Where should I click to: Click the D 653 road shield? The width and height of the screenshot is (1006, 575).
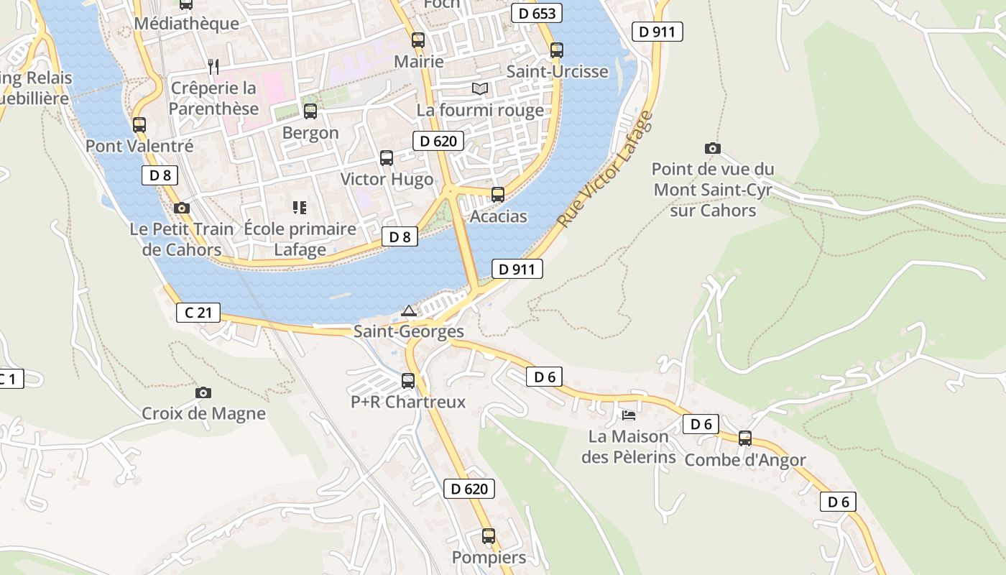[537, 13]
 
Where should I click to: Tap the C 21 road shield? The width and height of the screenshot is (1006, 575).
[198, 313]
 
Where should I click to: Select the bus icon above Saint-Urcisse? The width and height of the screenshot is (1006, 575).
[557, 50]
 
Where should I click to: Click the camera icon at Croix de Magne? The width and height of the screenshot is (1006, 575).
[203, 392]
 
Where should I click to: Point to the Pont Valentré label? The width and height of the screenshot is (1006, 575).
[139, 146]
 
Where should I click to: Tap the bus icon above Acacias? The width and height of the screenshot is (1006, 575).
[497, 194]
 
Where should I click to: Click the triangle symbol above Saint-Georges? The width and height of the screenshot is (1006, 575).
[409, 310]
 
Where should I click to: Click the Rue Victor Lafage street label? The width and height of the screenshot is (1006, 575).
[606, 170]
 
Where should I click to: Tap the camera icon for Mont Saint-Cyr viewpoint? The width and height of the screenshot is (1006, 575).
[712, 148]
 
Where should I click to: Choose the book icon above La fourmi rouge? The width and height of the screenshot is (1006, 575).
[480, 88]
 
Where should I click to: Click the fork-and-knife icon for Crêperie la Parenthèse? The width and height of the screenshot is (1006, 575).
[213, 67]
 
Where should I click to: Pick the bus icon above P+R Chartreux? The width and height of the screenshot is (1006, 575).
[408, 380]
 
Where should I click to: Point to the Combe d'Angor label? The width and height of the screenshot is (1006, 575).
[744, 460]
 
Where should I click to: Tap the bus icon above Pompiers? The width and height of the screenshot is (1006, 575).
[489, 535]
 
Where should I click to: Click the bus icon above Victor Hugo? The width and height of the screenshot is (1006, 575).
[387, 157]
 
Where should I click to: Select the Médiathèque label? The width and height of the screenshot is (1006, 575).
[186, 24]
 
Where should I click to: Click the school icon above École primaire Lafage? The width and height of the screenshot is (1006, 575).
[300, 208]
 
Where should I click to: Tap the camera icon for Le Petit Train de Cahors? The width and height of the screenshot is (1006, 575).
[182, 208]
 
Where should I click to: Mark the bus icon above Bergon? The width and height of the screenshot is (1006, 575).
[310, 111]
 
